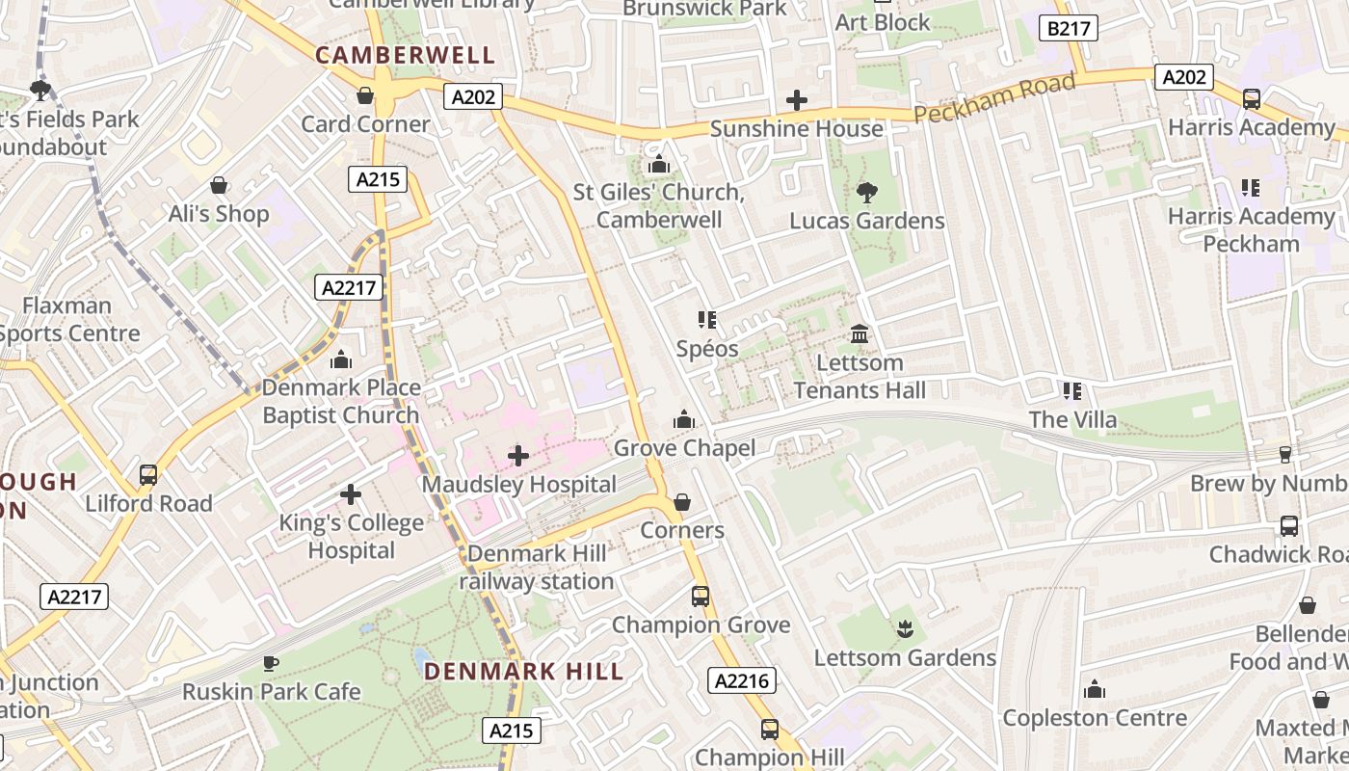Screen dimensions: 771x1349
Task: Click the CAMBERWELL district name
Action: click(405, 55)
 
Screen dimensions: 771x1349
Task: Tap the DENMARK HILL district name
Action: click(523, 671)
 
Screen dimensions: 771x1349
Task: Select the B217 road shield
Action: click(1069, 28)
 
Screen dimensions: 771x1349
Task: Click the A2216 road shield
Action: click(742, 680)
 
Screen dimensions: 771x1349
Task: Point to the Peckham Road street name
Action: click(993, 98)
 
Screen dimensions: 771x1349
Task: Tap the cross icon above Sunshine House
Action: click(797, 99)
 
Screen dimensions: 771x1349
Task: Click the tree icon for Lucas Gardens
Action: click(866, 192)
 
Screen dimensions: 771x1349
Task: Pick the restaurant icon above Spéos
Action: click(707, 319)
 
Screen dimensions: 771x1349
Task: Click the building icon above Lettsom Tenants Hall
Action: click(859, 333)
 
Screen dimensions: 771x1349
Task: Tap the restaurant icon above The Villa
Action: click(1071, 390)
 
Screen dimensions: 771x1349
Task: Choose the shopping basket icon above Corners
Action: click(681, 502)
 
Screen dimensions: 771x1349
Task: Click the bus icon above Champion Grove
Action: click(701, 596)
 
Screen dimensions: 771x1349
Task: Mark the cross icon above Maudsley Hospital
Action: click(518, 455)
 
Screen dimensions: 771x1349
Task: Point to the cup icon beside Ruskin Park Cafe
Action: click(271, 663)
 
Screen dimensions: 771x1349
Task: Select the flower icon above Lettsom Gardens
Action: click(904, 629)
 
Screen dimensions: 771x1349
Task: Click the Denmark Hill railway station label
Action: click(537, 568)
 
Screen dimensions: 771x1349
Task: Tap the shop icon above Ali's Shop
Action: click(219, 185)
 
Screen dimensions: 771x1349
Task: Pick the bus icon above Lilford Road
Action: click(148, 474)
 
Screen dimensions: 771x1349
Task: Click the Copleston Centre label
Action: click(1095, 718)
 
